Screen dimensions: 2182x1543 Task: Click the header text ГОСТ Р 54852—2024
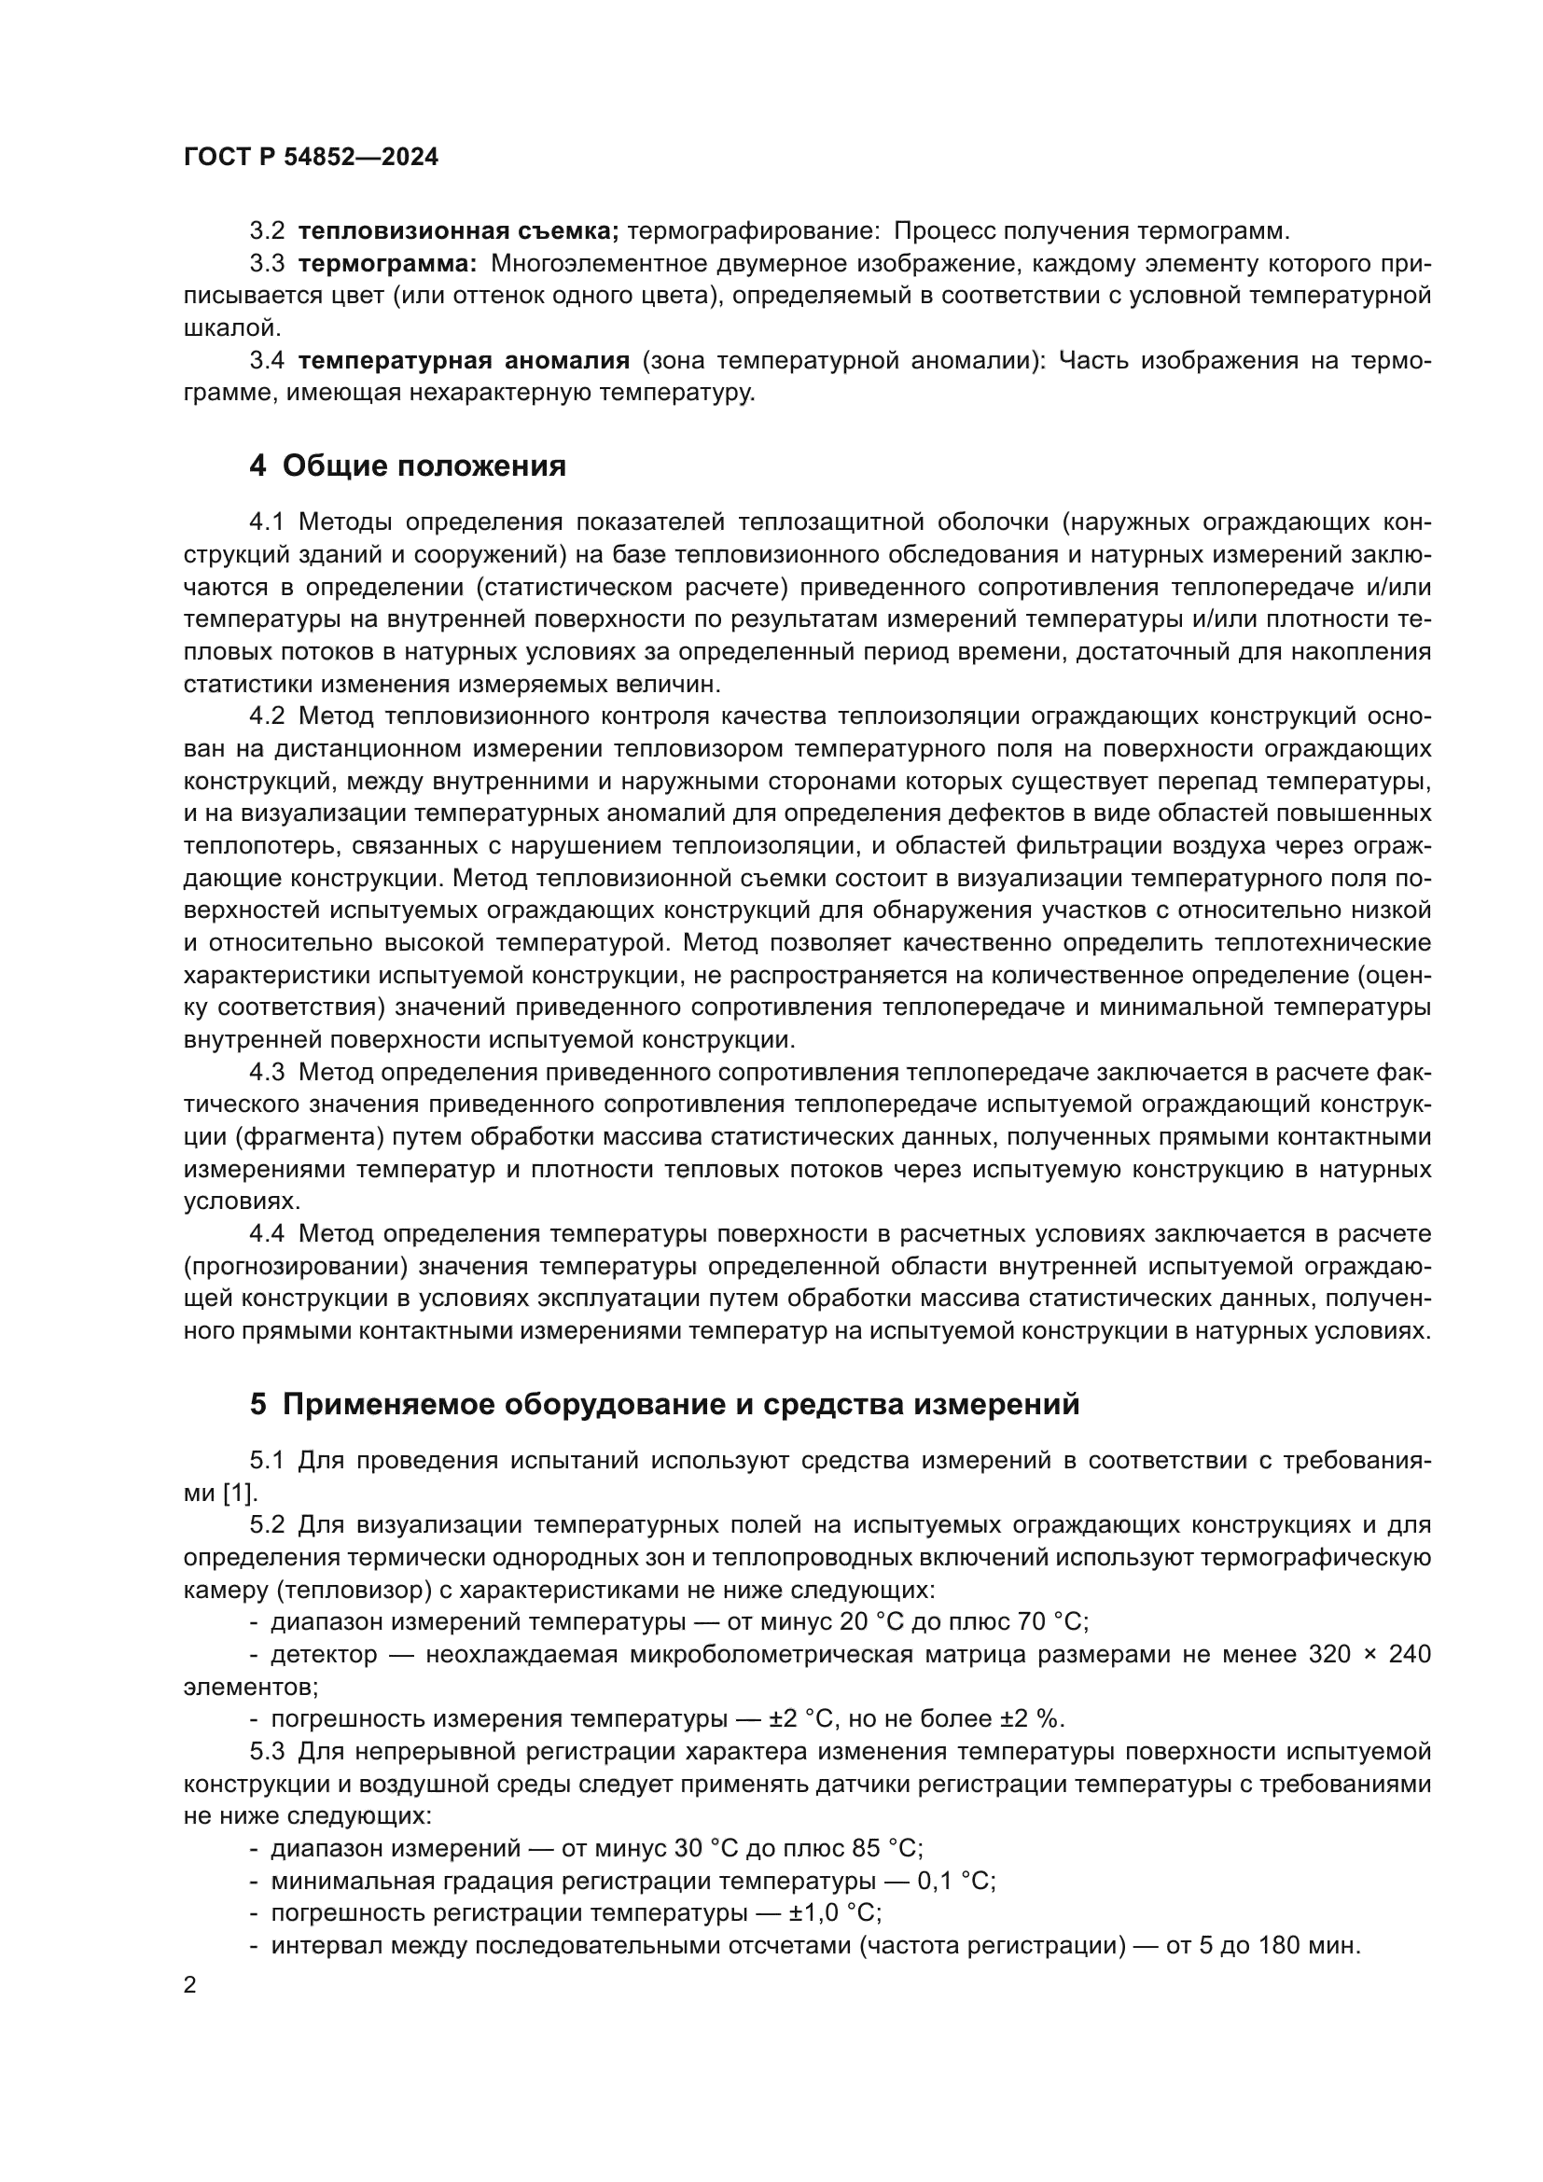tap(311, 158)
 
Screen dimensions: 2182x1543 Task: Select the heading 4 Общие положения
tap(408, 466)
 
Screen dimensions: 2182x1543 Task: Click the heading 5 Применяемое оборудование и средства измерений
tap(664, 1404)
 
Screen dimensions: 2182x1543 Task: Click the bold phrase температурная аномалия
tap(464, 360)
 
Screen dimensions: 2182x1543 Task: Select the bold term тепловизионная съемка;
tap(458, 231)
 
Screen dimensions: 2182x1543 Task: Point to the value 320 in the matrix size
tap(1329, 1655)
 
